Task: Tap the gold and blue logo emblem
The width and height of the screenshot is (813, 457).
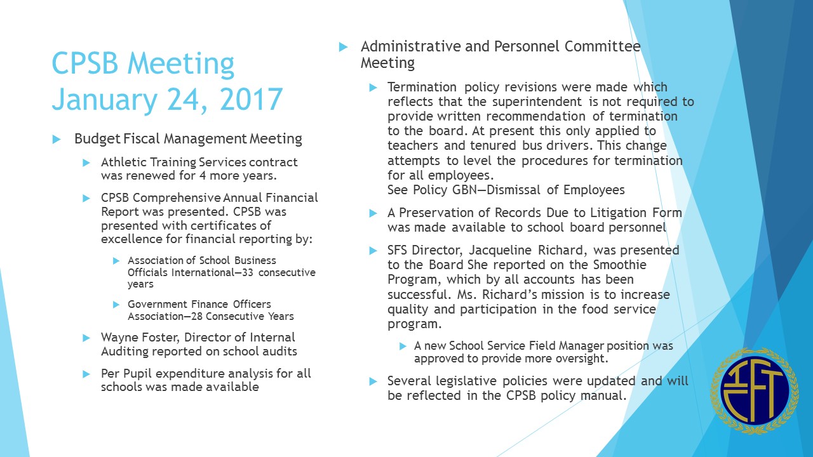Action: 755,390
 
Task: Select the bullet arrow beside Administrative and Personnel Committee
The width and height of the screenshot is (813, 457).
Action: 344,46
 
